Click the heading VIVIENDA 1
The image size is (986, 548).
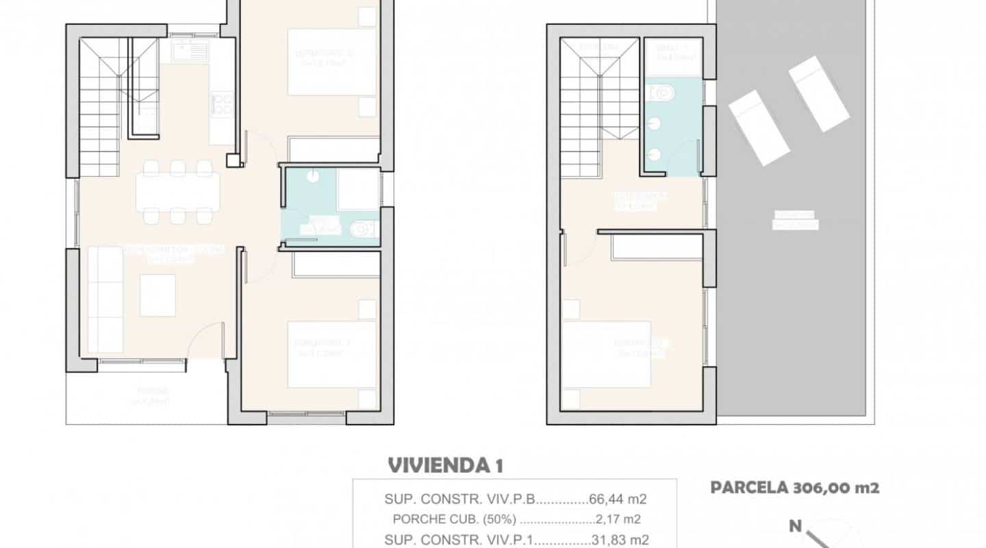click(446, 466)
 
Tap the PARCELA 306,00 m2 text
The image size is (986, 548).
click(794, 488)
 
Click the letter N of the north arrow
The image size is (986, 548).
click(795, 526)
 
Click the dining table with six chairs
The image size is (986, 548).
click(178, 191)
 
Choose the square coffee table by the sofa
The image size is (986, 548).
click(157, 295)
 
